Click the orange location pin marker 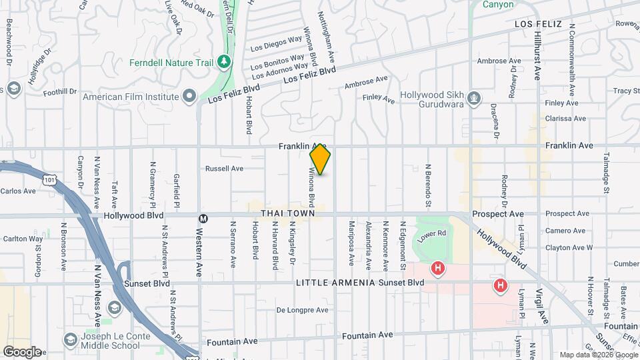320,159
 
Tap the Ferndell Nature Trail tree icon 225,63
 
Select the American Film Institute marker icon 189,97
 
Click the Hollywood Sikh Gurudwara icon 473,98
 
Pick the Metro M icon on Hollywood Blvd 203,217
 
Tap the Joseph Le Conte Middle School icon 69,340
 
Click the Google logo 22,352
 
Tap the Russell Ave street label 224,169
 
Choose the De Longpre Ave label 303,310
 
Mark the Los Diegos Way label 276,43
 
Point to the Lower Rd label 431,235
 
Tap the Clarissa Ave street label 565,119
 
